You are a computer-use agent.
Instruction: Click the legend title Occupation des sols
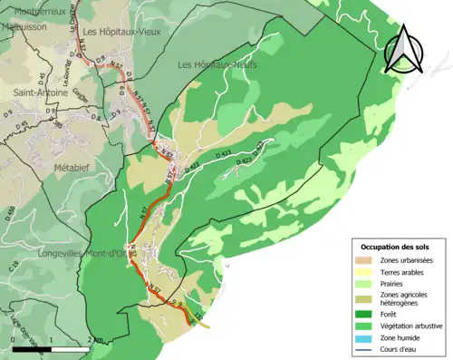tap(395, 247)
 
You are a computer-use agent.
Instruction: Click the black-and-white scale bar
tap(52, 346)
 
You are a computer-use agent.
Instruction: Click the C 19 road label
tap(13, 267)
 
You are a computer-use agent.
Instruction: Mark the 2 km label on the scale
tap(94, 338)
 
